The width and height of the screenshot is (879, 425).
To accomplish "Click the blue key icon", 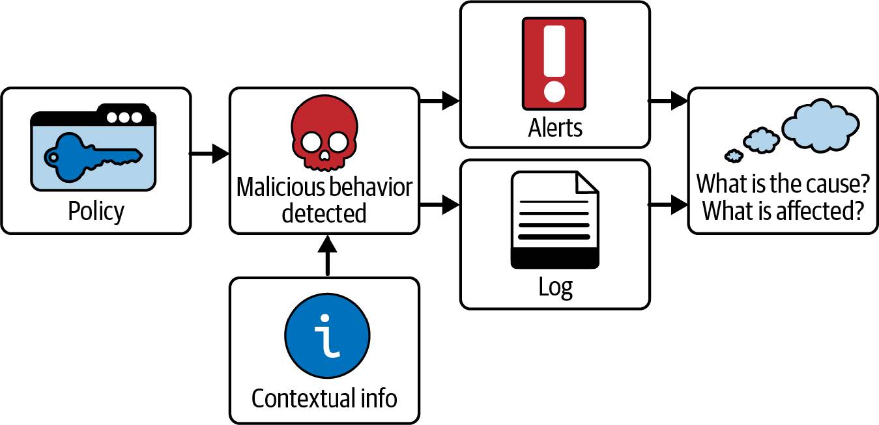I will pos(91,157).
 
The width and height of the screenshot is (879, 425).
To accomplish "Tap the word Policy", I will pos(96,211).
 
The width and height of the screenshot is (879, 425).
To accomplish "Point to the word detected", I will pos(324,213).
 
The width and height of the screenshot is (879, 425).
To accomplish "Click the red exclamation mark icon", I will pos(554,63).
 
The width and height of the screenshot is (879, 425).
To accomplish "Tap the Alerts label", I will pos(555,128).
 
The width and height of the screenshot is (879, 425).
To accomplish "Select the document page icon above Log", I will pos(555,219).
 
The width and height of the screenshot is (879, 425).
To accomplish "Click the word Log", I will pos(555,287).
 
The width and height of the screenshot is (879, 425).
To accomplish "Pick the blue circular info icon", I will pos(327,336).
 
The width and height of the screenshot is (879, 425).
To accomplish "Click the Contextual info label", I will pos(324,398).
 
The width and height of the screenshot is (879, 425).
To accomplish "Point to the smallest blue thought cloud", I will pos(734,156).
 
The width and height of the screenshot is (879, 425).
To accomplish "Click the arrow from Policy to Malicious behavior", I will pos(210,154).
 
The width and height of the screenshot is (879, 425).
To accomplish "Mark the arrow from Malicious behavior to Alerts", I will pos(440,100).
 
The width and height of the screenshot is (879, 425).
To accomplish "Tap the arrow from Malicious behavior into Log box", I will pos(440,206).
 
